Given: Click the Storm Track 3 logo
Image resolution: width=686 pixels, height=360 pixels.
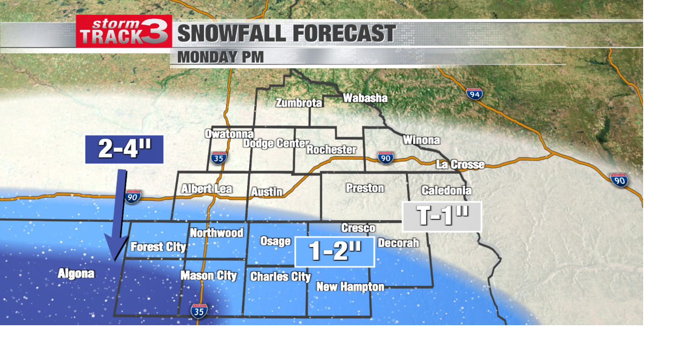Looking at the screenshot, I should [x=124, y=31].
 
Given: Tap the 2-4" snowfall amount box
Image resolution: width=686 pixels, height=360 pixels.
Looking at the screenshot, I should [x=124, y=149].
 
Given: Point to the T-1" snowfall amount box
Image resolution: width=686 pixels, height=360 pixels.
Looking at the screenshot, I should [x=442, y=216].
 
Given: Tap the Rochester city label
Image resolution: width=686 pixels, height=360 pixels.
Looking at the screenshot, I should [x=331, y=149].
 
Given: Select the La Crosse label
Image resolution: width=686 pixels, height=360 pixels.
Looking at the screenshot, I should [x=460, y=164].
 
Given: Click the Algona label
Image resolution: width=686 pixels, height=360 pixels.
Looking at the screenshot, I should [x=76, y=274].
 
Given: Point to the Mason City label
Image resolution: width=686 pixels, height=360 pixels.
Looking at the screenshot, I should [x=208, y=275].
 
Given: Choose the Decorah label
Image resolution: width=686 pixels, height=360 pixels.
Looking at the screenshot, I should [x=398, y=243].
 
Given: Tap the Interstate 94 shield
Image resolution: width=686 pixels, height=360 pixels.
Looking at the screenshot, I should [x=474, y=94].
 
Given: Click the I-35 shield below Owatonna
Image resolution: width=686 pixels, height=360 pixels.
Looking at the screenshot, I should [x=219, y=157].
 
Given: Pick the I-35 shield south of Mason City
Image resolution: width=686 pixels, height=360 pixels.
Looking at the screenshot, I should [x=199, y=311].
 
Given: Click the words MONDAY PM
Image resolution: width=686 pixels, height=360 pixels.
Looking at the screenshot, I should [x=220, y=57].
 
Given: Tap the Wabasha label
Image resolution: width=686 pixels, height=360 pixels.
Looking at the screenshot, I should [x=365, y=98].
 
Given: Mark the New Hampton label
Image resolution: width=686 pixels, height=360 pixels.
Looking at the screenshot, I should [x=350, y=287].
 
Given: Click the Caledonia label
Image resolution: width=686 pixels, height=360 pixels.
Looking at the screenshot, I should [x=446, y=190].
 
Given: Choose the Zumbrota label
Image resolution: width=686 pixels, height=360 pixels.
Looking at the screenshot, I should [x=299, y=103].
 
